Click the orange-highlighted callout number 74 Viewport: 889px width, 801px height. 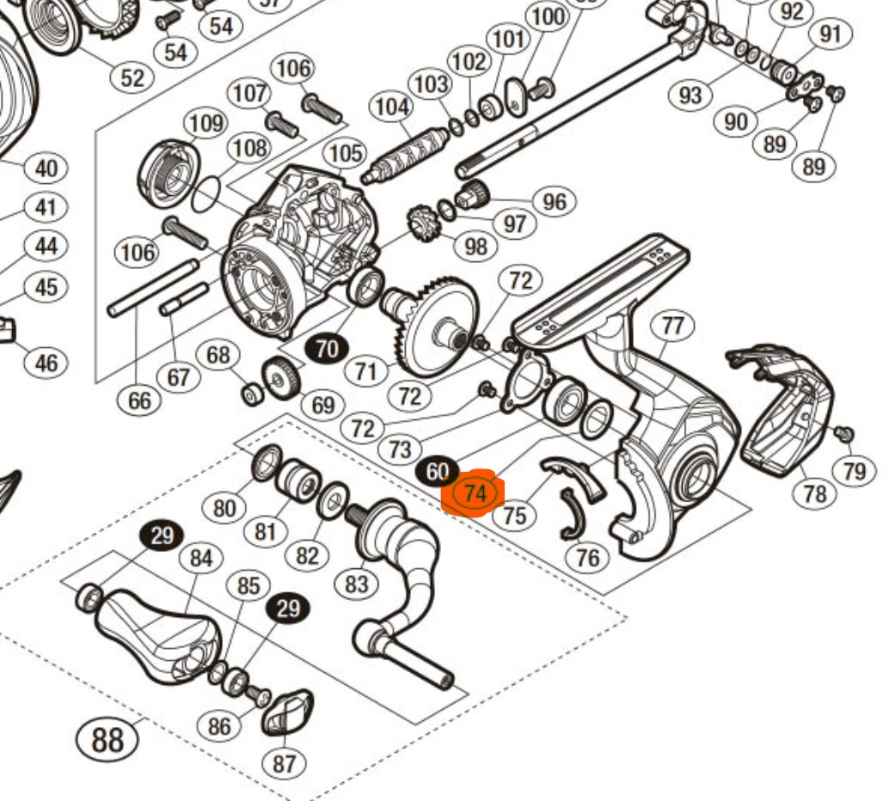[x=475, y=494]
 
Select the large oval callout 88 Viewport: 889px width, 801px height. [x=107, y=740]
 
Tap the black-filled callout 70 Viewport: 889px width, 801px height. [x=327, y=349]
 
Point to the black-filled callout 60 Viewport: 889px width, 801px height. [x=437, y=472]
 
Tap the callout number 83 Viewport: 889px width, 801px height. [x=357, y=584]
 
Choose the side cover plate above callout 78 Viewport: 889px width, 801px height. [x=782, y=408]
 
